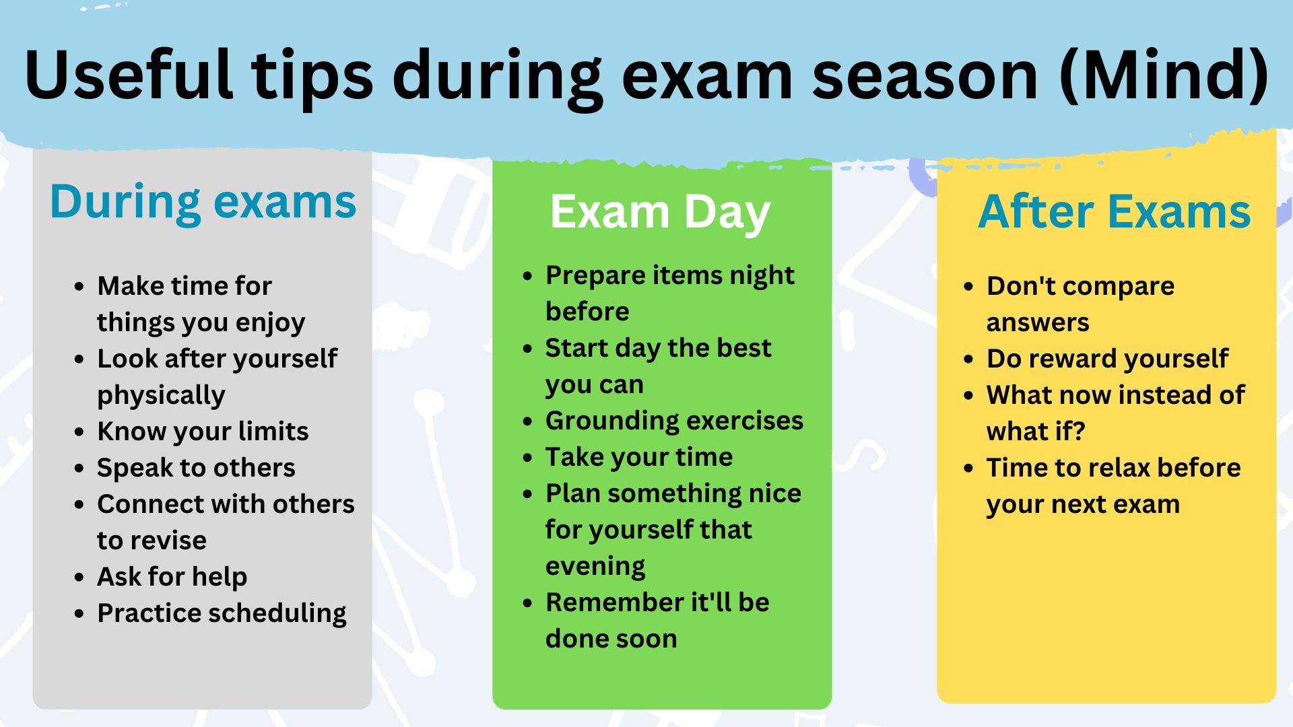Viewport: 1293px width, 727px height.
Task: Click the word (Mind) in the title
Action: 1164,75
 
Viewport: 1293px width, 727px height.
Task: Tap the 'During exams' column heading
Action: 203,202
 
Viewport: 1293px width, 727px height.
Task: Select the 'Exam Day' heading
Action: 660,213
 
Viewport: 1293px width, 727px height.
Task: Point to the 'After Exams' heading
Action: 1114,212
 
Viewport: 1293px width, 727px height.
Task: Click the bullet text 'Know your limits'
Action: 203,431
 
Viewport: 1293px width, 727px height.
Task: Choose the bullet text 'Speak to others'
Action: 196,468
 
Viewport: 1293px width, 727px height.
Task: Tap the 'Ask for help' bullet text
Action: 172,577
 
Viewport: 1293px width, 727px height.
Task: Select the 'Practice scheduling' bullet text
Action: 222,613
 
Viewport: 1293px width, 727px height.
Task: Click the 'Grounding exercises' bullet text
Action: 674,421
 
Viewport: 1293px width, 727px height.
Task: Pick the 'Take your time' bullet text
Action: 639,457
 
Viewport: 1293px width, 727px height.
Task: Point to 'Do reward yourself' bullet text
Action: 1107,359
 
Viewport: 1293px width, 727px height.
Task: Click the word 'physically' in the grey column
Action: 161,396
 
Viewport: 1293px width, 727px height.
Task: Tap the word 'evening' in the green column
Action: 595,567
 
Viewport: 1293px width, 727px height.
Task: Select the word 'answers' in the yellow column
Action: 1038,323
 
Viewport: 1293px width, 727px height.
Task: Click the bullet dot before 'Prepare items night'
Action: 528,276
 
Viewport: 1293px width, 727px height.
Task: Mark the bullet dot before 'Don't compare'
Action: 969,287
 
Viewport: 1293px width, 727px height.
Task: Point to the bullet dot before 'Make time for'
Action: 79,287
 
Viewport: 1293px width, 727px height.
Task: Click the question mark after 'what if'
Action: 1079,431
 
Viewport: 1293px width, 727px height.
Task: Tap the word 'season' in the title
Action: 925,75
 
